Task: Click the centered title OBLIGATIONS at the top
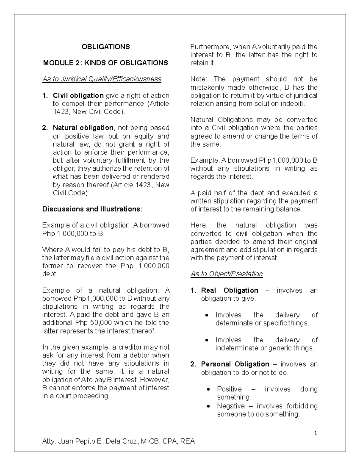point(106,47)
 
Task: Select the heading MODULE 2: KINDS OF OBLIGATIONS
point(106,63)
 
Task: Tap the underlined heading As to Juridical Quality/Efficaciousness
point(102,79)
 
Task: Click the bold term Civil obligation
point(78,96)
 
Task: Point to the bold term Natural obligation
point(83,128)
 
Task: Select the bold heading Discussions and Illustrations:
point(92,209)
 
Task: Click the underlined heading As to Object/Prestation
point(226,274)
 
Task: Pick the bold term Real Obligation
point(229,290)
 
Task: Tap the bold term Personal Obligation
point(235,364)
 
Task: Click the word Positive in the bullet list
point(229,389)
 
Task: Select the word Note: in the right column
point(199,79)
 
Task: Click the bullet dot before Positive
point(208,390)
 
